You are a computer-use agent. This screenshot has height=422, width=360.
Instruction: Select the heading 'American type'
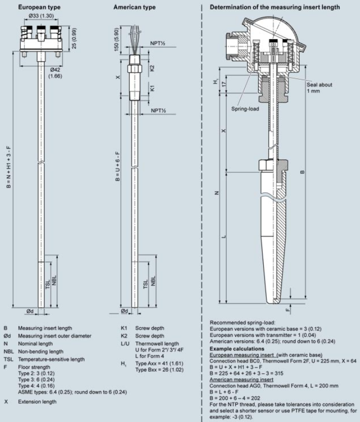tap(134, 8)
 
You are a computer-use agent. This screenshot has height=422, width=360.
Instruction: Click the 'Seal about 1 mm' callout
tap(319, 87)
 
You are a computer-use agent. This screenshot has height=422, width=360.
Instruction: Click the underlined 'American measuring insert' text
tap(242, 378)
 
